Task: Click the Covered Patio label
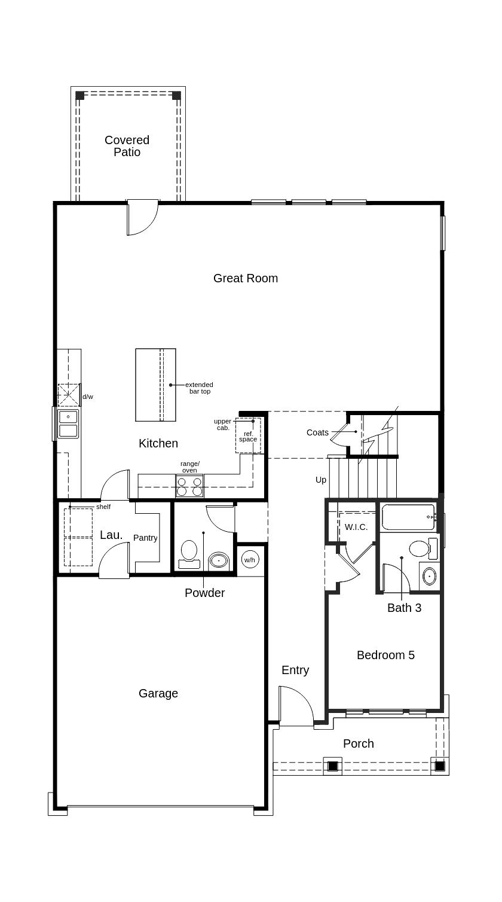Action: pyautogui.click(x=127, y=146)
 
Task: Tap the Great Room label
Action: pyautogui.click(x=245, y=278)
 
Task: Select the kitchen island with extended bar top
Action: pyautogui.click(x=155, y=385)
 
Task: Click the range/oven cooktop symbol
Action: pyautogui.click(x=189, y=486)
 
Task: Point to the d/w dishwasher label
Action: pyautogui.click(x=88, y=397)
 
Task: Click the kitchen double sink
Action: pyautogui.click(x=68, y=423)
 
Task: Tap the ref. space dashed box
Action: pyautogui.click(x=248, y=436)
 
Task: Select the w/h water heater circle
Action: pyautogui.click(x=249, y=560)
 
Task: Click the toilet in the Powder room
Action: pyautogui.click(x=189, y=553)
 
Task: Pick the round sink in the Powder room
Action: pyautogui.click(x=219, y=561)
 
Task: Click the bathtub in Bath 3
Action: pyautogui.click(x=408, y=517)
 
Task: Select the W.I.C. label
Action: pyautogui.click(x=356, y=527)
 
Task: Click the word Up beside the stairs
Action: pyautogui.click(x=321, y=480)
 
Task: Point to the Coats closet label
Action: pyautogui.click(x=317, y=432)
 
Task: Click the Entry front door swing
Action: pyautogui.click(x=296, y=706)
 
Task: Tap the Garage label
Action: pyautogui.click(x=158, y=693)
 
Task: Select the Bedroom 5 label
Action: pyautogui.click(x=385, y=655)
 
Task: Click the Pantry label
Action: pyautogui.click(x=145, y=538)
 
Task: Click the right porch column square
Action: pyautogui.click(x=440, y=766)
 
